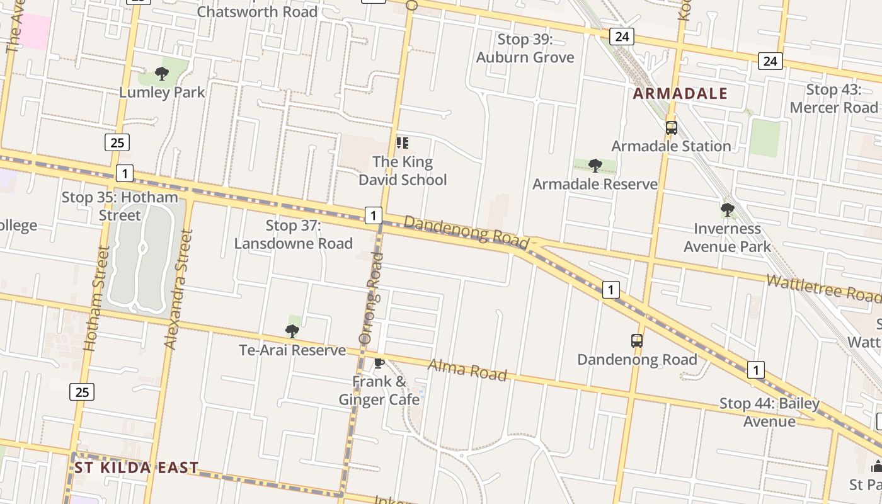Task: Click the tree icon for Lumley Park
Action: (162, 74)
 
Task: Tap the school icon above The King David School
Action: (403, 143)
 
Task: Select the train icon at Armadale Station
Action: (672, 128)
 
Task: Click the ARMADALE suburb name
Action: (680, 94)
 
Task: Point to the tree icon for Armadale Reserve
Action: (595, 166)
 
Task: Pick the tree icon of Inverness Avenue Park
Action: (728, 210)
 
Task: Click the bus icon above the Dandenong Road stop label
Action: (637, 341)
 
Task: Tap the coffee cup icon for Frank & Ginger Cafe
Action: (379, 363)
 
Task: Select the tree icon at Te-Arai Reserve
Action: (292, 331)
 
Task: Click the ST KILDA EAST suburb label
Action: (137, 467)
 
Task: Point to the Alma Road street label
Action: (467, 370)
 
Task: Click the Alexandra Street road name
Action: (178, 289)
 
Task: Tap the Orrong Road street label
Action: (370, 297)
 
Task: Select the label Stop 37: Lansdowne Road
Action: (294, 234)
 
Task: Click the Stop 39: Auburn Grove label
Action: (525, 49)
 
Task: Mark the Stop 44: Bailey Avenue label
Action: (769, 412)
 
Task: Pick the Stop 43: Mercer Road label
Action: (833, 98)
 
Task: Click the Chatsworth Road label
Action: (257, 11)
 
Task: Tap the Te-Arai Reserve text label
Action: (292, 350)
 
